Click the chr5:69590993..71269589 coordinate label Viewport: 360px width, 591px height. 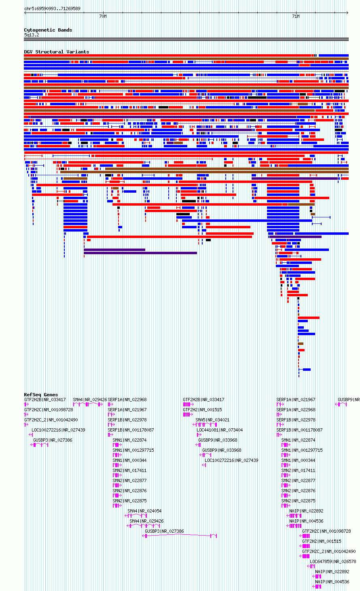tap(52, 9)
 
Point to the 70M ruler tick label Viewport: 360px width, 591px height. tap(103, 16)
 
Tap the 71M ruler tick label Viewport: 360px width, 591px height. tap(296, 16)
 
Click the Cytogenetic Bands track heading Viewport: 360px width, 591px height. tap(48, 30)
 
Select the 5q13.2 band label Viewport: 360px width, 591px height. tap(32, 35)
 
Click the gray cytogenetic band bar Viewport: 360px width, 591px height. tap(186, 39)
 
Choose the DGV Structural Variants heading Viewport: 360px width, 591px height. tap(57, 52)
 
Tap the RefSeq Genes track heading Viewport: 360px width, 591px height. tap(41, 395)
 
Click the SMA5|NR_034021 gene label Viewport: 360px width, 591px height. tap(212, 420)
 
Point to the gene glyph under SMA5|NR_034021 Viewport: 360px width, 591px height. tap(205, 425)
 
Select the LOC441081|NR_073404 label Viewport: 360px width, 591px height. tap(220, 430)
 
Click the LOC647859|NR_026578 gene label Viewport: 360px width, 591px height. tap(333, 561)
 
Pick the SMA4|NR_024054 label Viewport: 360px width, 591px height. tap(144, 511)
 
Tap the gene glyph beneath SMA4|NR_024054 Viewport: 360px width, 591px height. tap(136, 516)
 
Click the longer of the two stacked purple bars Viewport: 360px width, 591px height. tap(140, 253)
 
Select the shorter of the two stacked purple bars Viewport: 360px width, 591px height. tap(114, 250)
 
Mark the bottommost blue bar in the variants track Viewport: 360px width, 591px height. tap(307, 369)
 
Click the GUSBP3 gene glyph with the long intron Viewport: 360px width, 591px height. tap(179, 536)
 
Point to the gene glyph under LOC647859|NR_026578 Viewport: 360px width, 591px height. tap(311, 566)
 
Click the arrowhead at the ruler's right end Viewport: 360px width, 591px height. tap(347, 13)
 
